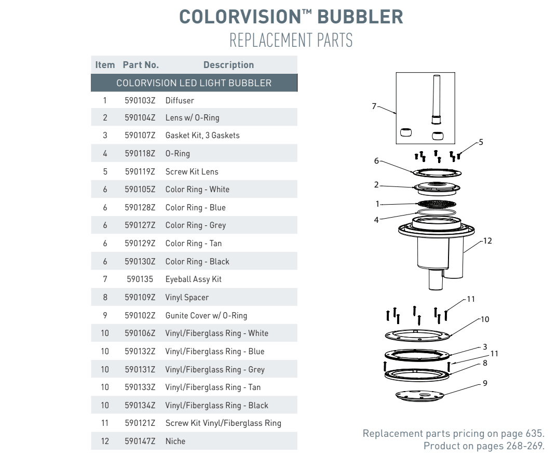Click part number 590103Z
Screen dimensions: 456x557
point(140,100)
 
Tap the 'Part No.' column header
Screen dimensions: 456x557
point(141,65)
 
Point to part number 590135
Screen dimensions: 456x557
point(140,279)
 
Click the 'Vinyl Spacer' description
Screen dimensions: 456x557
point(187,298)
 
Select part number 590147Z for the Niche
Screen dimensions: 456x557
point(140,441)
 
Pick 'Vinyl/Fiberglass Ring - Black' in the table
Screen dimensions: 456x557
point(216,406)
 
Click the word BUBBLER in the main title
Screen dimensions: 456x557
point(360,17)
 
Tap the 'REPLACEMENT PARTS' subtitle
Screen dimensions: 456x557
point(291,40)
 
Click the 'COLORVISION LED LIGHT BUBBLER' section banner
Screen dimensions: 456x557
point(194,83)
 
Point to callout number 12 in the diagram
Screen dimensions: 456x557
point(487,241)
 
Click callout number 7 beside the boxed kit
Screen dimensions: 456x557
point(374,106)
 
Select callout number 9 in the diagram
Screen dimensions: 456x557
point(484,383)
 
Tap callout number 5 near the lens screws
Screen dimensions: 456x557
point(481,141)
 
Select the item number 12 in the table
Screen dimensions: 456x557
point(105,441)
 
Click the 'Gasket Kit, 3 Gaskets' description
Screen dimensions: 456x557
point(202,136)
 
